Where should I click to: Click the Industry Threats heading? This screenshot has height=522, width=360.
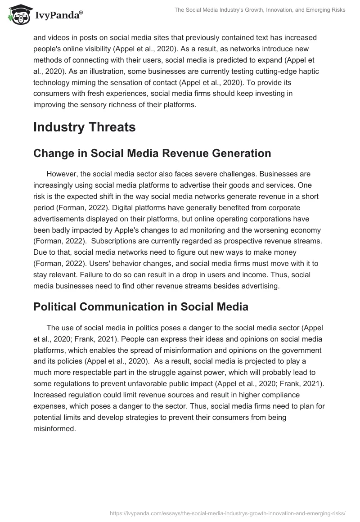pos(84,127)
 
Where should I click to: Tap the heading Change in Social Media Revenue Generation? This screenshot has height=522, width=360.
pos(152,153)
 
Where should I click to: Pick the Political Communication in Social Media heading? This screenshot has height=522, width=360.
pos(141,307)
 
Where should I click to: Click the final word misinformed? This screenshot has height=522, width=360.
pos(54,429)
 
